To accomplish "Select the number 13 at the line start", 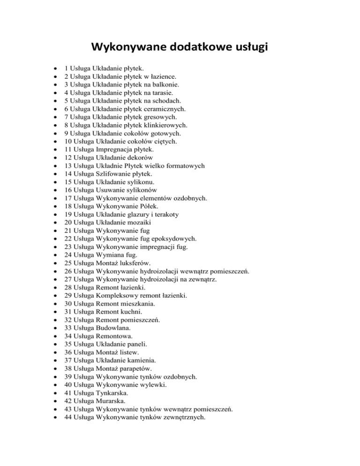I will coord(68,165).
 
